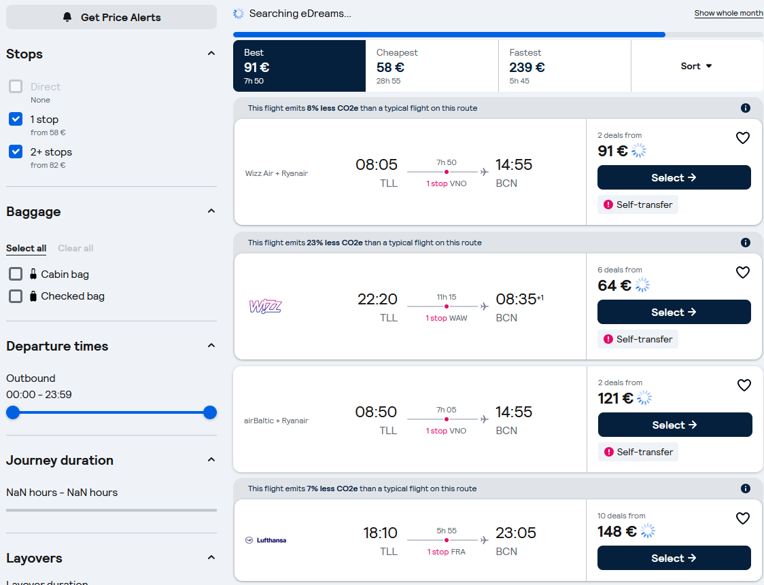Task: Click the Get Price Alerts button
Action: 111,17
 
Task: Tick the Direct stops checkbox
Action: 16,87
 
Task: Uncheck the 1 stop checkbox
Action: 16,120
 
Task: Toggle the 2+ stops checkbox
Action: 16,152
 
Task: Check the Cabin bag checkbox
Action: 16,274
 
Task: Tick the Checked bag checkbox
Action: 16,296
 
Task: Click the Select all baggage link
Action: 27,249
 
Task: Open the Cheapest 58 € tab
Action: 432,66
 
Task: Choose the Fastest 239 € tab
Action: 565,66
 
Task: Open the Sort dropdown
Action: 697,66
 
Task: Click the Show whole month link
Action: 729,13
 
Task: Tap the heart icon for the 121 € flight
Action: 744,385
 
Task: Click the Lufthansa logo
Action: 266,540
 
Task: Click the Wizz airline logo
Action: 266,306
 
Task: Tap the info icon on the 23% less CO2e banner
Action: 746,243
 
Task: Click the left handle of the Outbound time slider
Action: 13,412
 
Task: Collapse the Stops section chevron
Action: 211,54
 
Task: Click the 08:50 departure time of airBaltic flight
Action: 376,412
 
